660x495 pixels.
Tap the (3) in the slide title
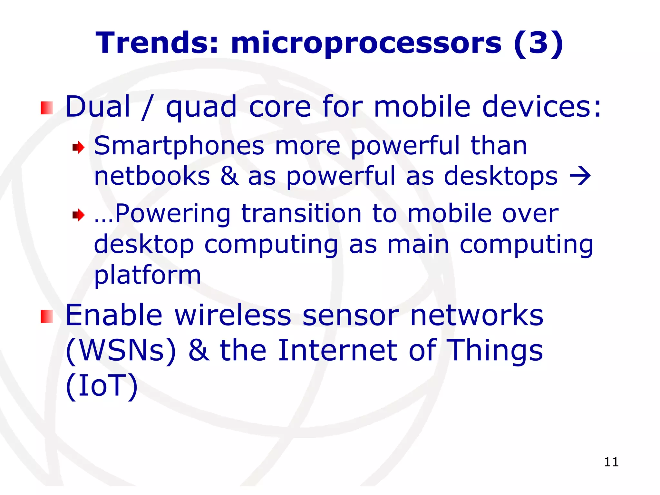tap(539, 43)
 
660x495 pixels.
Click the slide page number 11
tap(611, 462)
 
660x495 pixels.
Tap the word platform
tap(147, 276)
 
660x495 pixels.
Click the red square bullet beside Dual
tap(47, 108)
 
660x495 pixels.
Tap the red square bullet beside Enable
tap(47, 316)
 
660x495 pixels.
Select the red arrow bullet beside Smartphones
tap(78, 148)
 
